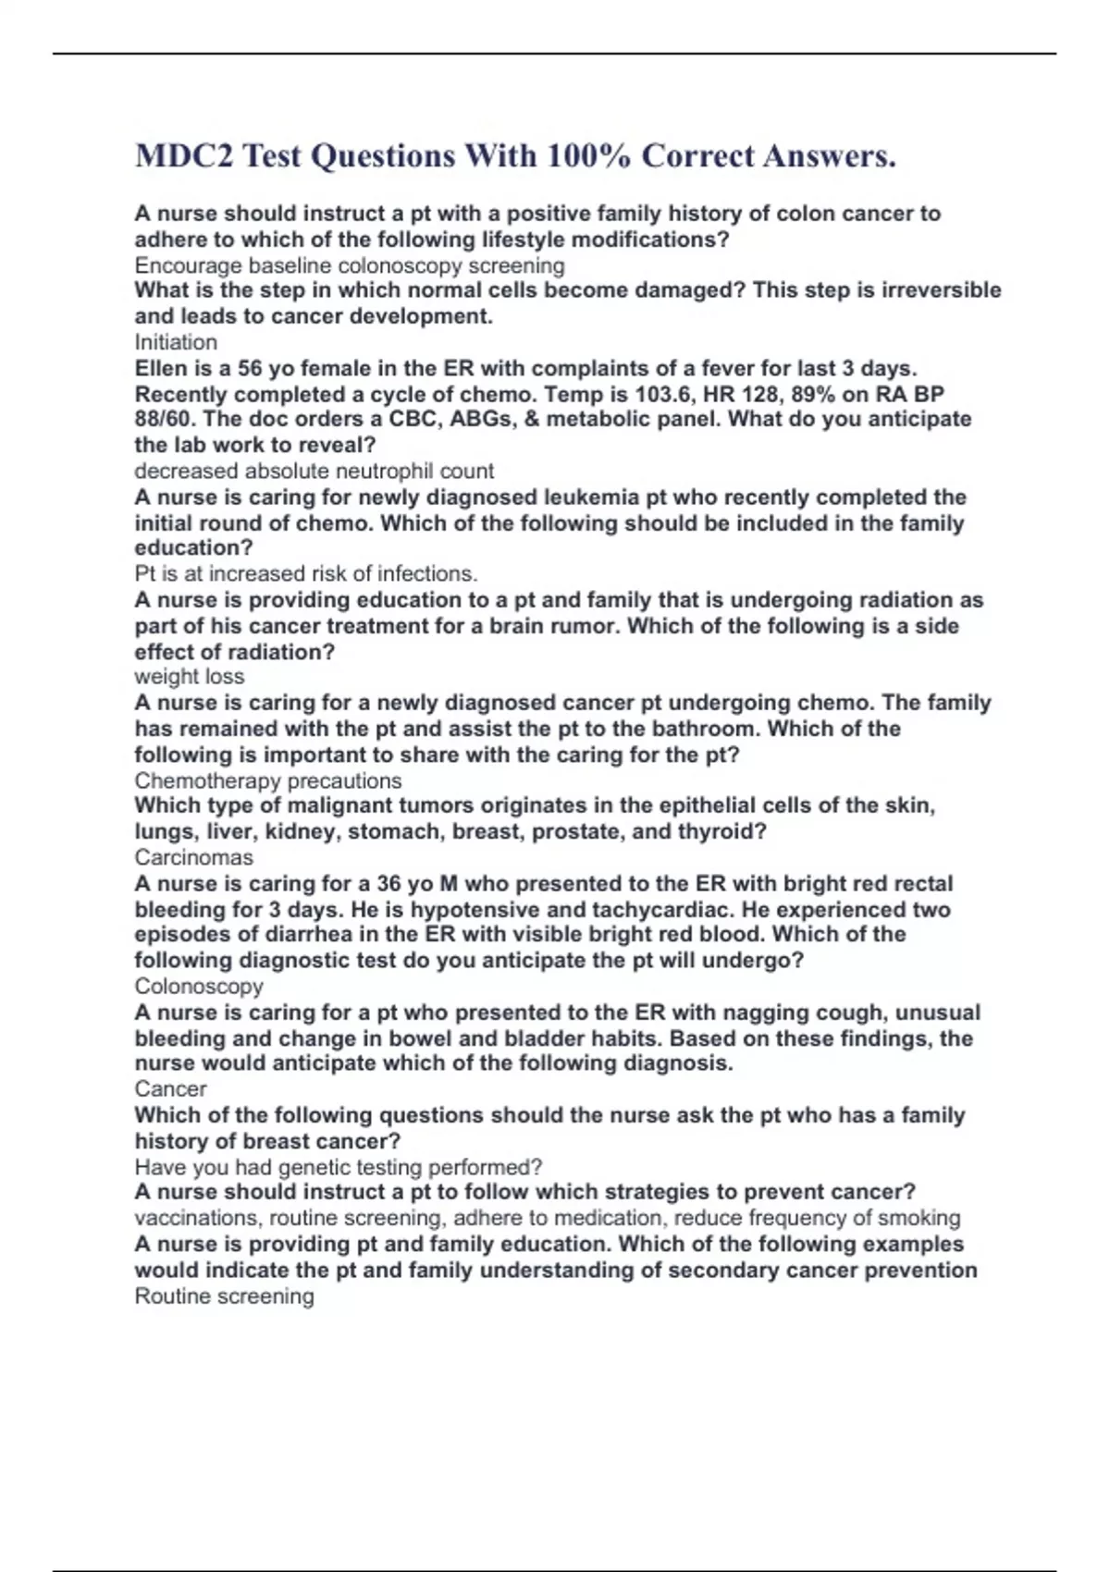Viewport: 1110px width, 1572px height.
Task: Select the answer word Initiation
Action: pyautogui.click(x=176, y=342)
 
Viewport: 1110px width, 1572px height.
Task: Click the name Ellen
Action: pyautogui.click(x=160, y=368)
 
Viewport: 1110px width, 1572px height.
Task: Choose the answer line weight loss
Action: pyautogui.click(x=190, y=677)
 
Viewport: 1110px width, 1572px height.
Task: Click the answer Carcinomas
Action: pyautogui.click(x=193, y=857)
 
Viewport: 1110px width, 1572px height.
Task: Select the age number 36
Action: pyautogui.click(x=391, y=884)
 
